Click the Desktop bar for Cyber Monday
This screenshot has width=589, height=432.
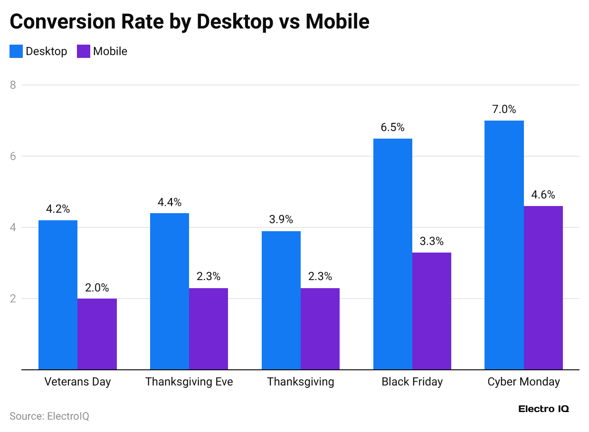pos(504,245)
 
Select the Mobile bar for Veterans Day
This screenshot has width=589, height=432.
pos(97,334)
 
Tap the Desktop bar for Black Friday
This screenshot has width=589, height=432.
pos(392,254)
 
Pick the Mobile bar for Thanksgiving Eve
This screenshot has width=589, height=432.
pos(208,329)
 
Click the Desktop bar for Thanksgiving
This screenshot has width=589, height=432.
pos(281,300)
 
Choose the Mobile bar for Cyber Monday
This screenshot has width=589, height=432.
pos(543,288)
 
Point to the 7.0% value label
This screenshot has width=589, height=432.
pos(504,110)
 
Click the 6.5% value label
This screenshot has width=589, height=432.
pos(392,128)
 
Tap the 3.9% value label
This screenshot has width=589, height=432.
pos(281,220)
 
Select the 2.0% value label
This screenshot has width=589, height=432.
pos(97,288)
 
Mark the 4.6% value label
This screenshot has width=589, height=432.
pos(543,195)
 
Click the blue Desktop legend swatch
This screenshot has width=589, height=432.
pos(16,51)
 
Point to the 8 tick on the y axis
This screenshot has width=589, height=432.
pos(13,85)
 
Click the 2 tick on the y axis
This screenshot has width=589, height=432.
pos(13,299)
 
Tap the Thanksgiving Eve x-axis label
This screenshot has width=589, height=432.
pos(189,382)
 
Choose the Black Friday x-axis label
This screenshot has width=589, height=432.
pos(412,382)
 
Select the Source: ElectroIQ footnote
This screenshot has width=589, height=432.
pos(49,416)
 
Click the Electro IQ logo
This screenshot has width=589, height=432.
pos(543,409)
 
